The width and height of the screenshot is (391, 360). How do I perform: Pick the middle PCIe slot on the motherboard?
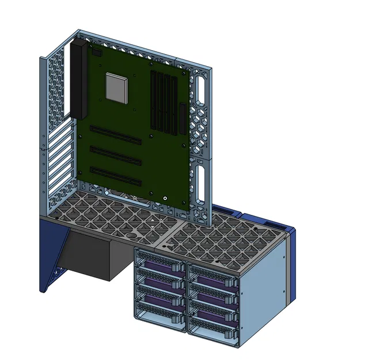[x=115, y=154]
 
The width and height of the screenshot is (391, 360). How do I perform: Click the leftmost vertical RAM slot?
[x=154, y=100]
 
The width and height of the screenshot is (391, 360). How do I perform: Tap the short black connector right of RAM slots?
[x=184, y=120]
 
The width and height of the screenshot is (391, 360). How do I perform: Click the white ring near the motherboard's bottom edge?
[x=165, y=199]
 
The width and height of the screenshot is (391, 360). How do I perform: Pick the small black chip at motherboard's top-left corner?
[x=96, y=53]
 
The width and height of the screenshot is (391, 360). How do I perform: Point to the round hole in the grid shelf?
[x=131, y=235]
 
